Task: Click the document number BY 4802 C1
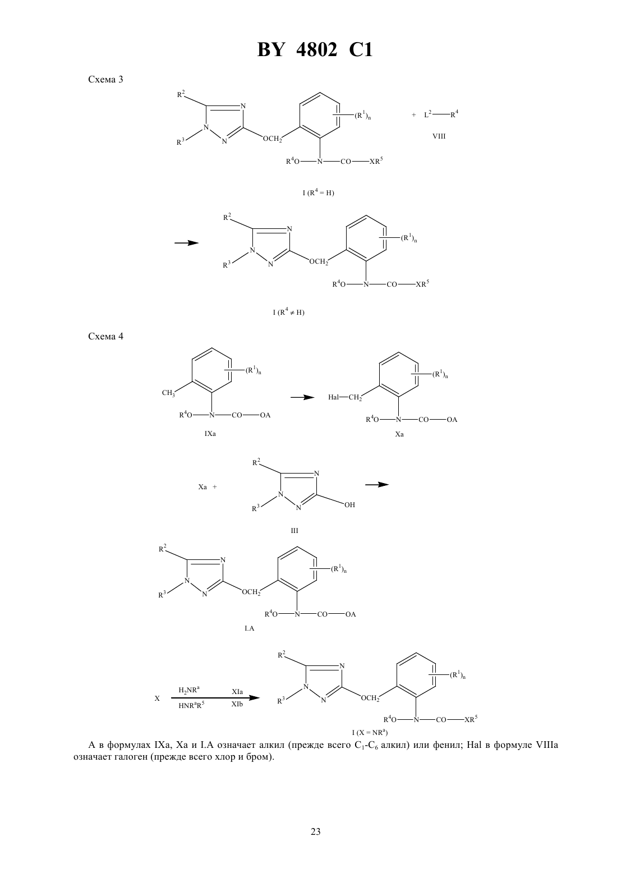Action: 315,50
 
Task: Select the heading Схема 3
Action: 105,80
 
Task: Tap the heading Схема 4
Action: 105,336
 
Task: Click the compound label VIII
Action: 439,136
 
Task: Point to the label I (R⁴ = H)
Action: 318,192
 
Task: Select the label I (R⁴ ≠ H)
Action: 288,312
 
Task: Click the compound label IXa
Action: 210,433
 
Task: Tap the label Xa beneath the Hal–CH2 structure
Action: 399,434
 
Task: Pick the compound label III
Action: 294,530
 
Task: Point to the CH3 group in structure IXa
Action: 168,393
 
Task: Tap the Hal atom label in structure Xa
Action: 333,397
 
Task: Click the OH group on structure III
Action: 349,505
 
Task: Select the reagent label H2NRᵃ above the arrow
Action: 189,690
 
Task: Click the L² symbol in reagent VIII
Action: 427,114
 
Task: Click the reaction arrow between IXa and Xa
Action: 302,397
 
